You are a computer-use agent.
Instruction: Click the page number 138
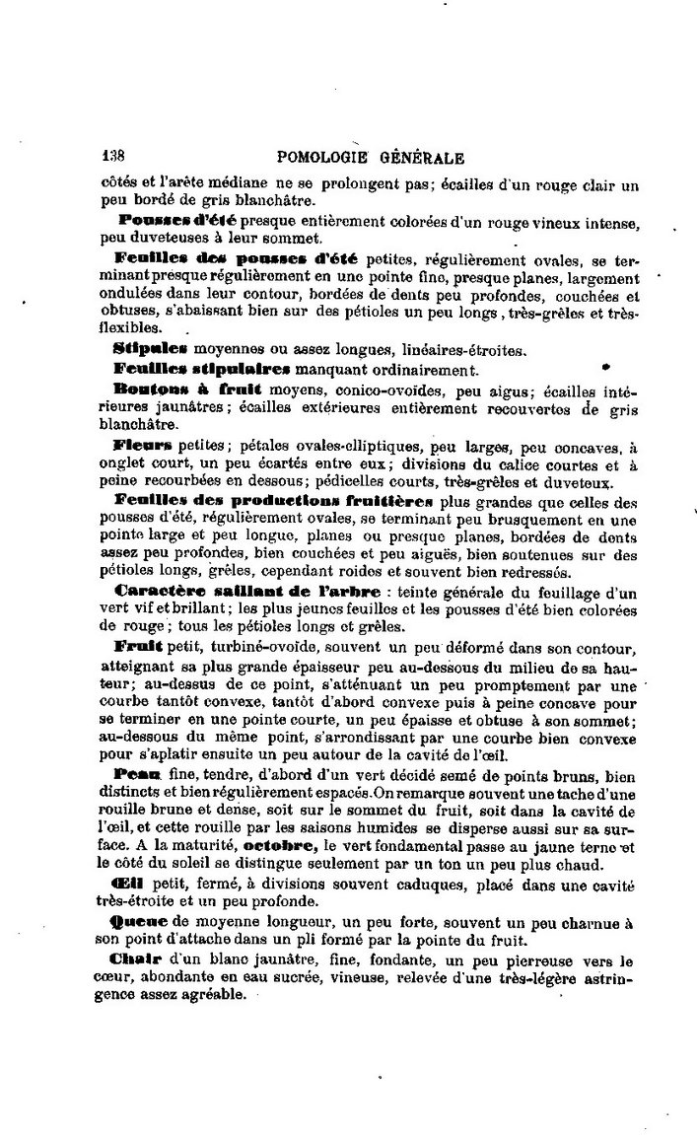pos(116,155)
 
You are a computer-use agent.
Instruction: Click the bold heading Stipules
pos(150,348)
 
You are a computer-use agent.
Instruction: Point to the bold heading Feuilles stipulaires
pos(201,369)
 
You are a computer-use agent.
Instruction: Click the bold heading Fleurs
pos(143,445)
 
